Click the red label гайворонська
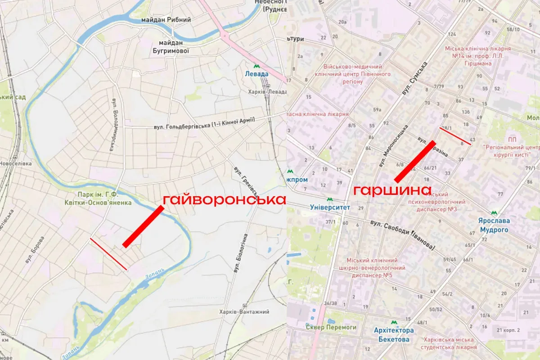224,200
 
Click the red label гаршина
392,190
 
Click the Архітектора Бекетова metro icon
394,323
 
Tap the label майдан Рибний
166,20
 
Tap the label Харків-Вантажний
248,312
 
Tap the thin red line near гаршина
455,135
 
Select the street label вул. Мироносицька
394,147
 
